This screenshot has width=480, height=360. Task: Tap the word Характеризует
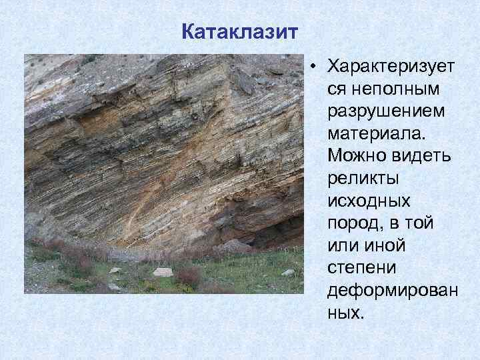[389, 67]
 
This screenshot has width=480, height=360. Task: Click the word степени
[363, 268]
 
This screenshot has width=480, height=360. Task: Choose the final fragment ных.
[345, 313]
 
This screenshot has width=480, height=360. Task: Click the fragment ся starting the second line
[337, 89]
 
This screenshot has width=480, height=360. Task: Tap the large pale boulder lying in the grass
[163, 272]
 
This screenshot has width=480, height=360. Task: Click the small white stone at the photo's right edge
[287, 272]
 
